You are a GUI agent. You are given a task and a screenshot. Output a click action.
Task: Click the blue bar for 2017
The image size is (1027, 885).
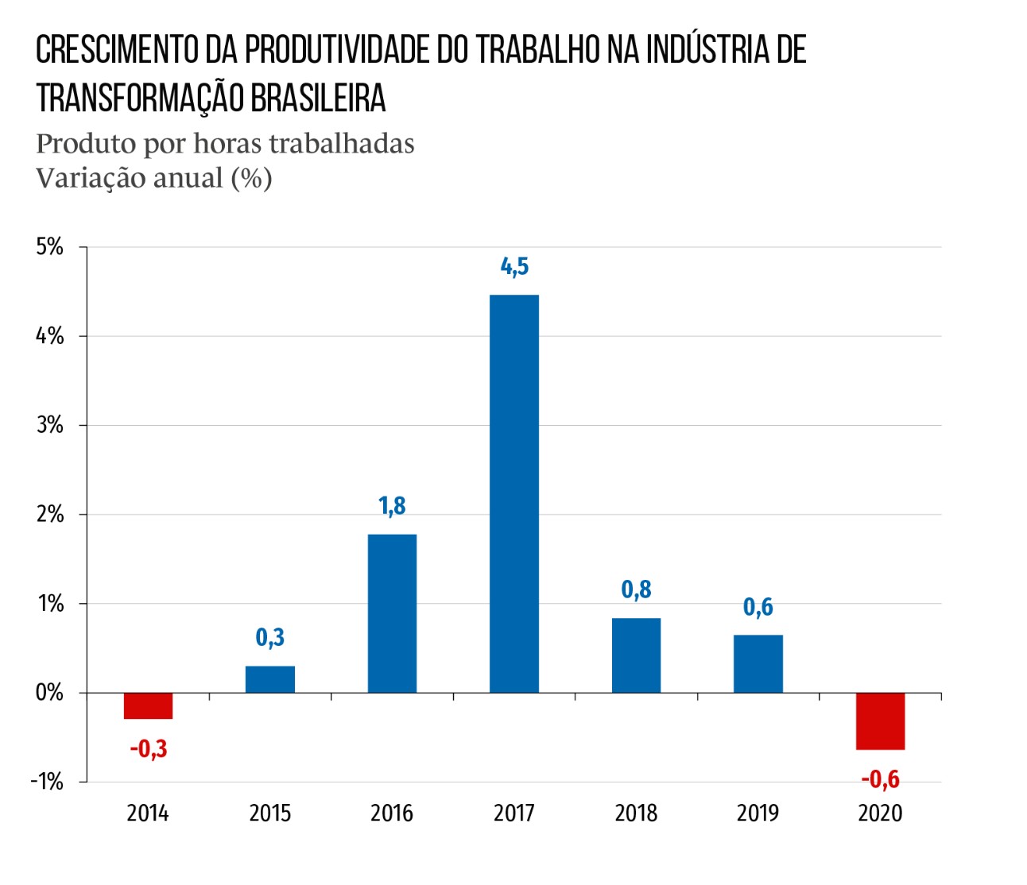[513, 493]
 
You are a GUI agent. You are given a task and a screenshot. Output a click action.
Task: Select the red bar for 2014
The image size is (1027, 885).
[148, 705]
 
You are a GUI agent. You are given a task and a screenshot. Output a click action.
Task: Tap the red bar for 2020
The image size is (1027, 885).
[880, 721]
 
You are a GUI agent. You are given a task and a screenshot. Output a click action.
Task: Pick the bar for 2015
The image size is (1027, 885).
[269, 679]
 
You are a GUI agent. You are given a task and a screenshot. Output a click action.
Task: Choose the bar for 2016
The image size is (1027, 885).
[392, 613]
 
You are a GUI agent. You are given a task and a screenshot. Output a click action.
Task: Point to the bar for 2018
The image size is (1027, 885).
[636, 655]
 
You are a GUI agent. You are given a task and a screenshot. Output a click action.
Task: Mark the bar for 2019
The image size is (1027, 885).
[758, 663]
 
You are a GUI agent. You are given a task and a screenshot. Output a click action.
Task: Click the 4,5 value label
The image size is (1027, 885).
[514, 267]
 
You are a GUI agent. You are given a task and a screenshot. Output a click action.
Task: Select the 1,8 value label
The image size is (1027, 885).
[392, 506]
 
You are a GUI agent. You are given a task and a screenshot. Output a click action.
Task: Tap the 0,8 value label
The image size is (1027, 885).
[636, 589]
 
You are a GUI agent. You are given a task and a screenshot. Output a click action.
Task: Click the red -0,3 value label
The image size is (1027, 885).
[149, 749]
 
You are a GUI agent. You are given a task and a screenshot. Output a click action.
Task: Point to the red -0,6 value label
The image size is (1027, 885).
[881, 779]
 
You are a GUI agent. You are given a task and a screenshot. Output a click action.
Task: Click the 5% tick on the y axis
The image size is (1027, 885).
[49, 246]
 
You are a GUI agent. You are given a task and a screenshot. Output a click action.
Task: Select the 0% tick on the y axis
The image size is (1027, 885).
[49, 693]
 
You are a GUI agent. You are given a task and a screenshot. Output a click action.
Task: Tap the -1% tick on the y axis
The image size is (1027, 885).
[47, 782]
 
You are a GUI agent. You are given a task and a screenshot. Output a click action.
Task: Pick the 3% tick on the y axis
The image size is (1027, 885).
[49, 425]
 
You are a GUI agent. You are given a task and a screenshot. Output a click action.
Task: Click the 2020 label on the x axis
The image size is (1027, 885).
[880, 814]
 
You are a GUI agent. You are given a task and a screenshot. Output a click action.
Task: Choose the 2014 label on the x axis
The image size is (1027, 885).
[148, 814]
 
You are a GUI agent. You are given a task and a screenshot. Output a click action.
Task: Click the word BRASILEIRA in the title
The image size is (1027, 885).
[318, 99]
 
